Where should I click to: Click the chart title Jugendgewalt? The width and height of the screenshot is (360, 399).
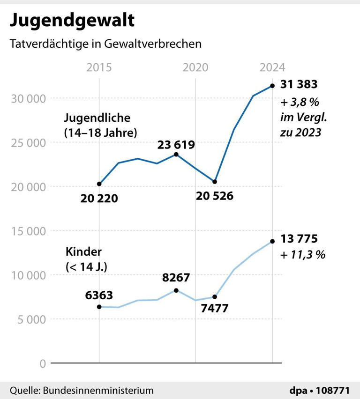(72, 21)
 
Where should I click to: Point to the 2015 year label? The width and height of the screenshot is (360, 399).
(99, 67)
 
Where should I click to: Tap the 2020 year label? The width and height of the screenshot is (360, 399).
(195, 67)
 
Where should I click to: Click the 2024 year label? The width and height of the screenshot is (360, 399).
(272, 67)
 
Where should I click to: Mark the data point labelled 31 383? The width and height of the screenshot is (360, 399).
(272, 86)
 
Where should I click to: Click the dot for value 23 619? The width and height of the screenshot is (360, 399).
(176, 155)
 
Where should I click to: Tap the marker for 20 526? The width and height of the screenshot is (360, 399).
(215, 182)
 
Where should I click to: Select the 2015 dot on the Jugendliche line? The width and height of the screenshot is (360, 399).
(99, 184)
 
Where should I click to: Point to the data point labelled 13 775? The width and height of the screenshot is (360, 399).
(272, 242)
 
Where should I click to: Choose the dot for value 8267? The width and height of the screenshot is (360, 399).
(176, 290)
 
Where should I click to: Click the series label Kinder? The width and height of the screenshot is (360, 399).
(83, 252)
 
